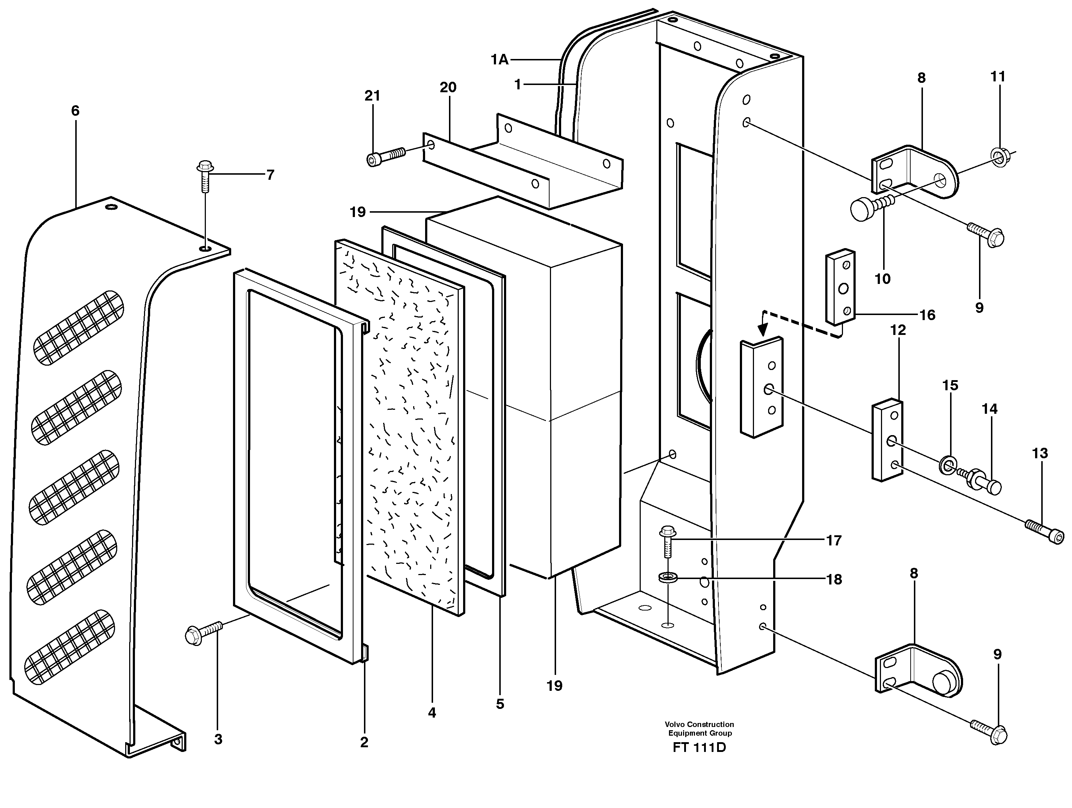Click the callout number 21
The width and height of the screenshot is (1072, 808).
point(372,96)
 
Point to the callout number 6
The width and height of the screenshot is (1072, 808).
point(75,111)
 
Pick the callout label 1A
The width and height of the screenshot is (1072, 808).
point(499,60)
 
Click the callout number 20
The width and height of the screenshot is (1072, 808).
point(448,88)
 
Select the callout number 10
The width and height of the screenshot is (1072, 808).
point(882,279)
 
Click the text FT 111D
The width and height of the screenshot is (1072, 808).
point(699,748)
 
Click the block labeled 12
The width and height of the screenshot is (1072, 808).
point(888,439)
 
